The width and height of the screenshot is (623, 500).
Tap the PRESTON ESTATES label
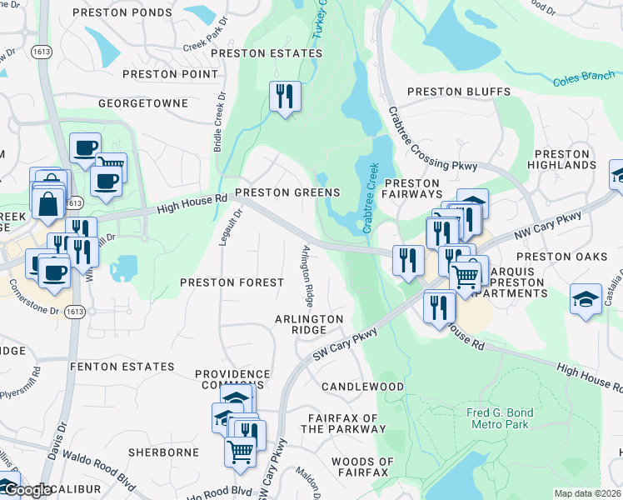tap(266, 53)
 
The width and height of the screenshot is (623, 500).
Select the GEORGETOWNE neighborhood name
tap(140, 103)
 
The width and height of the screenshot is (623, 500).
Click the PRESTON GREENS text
tap(287, 192)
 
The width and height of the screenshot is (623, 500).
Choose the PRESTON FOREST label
tap(232, 282)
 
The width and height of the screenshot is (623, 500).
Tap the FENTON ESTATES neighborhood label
tap(122, 367)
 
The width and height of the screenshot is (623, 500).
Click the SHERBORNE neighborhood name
tap(163, 452)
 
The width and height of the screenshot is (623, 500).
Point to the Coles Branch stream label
tap(582, 80)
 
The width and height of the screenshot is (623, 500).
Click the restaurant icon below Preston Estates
tap(285, 97)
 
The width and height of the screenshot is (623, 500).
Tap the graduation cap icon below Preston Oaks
tap(586, 299)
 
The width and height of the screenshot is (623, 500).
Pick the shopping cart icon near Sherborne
tap(240, 452)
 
